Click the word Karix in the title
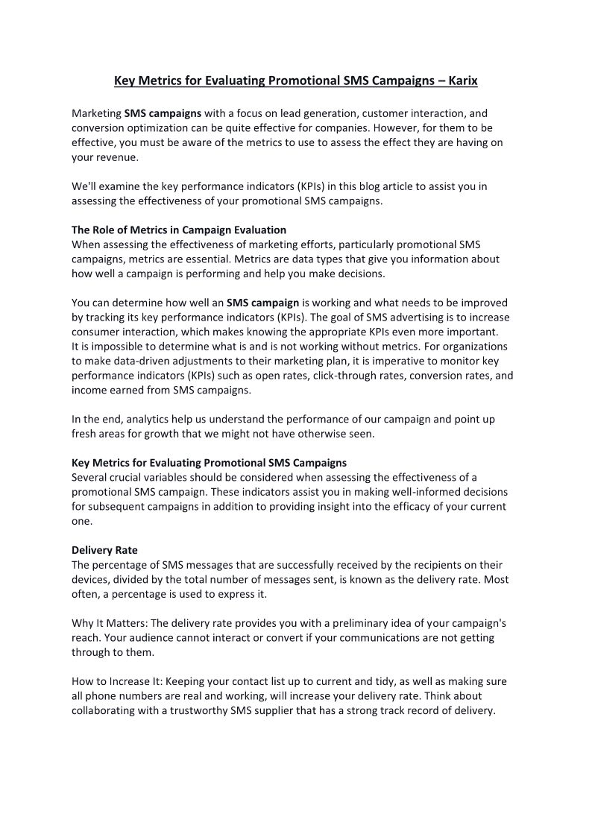pyautogui.click(x=462, y=80)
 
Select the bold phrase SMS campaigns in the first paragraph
pyautogui.click(x=163, y=114)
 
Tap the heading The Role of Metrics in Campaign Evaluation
pyautogui.click(x=179, y=230)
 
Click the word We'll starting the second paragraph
pyautogui.click(x=84, y=186)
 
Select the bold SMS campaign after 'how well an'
pyautogui.click(x=262, y=303)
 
